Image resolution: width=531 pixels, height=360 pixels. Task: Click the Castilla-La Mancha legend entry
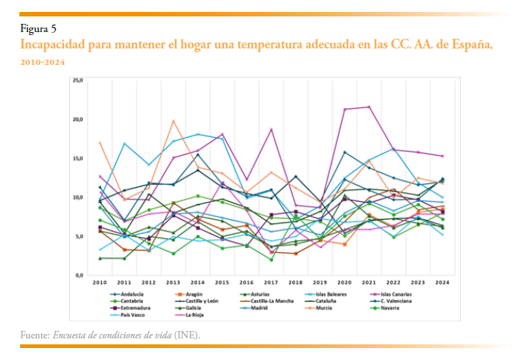[x=270, y=301]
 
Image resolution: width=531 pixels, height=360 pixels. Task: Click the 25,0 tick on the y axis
[x=77, y=80]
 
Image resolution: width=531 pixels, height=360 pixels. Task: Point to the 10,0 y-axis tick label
[x=77, y=198]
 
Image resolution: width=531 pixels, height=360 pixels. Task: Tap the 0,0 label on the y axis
[x=79, y=276]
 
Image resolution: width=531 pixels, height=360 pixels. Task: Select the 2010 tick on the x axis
[x=99, y=283]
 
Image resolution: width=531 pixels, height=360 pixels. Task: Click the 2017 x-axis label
[x=271, y=283]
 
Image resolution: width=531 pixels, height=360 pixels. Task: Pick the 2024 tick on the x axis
[x=443, y=283]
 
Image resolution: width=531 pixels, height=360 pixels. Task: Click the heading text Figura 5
[x=38, y=30]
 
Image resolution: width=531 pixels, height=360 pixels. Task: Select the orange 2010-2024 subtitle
[x=43, y=62]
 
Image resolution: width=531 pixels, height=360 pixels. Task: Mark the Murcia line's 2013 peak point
[x=174, y=121]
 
